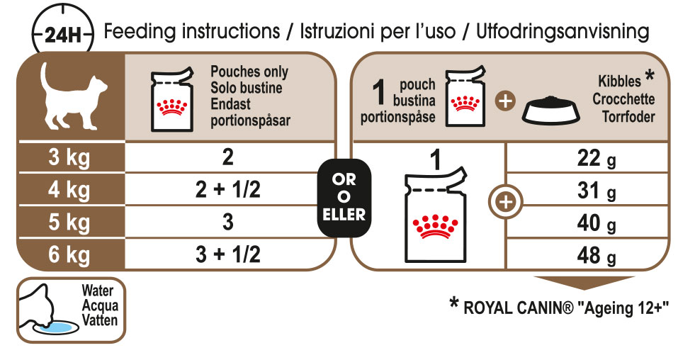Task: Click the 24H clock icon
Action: [x=62, y=33]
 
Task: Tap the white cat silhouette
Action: [x=72, y=96]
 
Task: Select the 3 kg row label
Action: [x=69, y=157]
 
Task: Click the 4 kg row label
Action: [x=69, y=190]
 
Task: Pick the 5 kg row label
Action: [x=69, y=222]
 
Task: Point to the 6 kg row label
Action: [x=69, y=254]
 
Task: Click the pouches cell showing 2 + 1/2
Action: [x=228, y=189]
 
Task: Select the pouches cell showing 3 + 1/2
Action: [x=228, y=254]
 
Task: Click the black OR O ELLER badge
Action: [x=344, y=198]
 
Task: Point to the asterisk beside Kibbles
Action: [x=649, y=76]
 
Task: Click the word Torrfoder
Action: [x=628, y=116]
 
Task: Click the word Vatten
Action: [x=100, y=320]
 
